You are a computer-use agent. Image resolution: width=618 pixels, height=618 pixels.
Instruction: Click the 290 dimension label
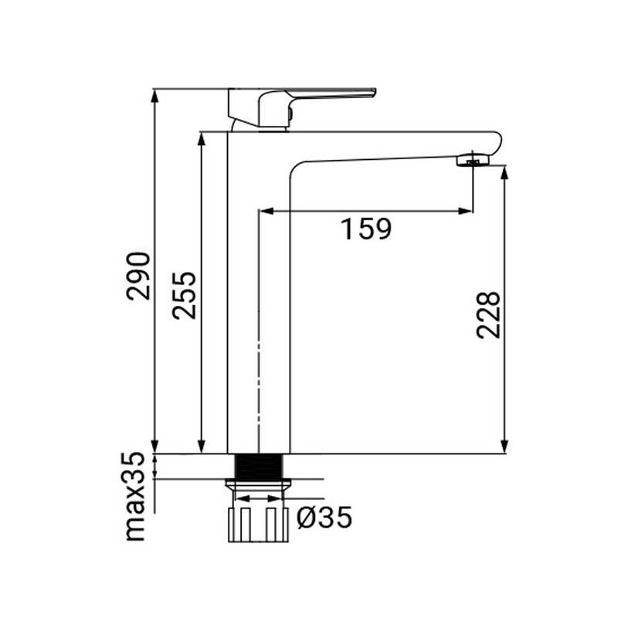(x=139, y=276)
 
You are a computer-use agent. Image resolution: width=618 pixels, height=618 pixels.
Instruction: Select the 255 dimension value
(x=184, y=295)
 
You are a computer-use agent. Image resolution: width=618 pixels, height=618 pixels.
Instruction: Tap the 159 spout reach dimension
(x=367, y=229)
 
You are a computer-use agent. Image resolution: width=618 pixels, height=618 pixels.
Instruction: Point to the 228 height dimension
(x=489, y=314)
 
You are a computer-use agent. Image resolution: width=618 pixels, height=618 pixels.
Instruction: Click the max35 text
(x=136, y=497)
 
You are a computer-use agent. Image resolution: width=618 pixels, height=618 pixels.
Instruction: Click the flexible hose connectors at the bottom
(x=258, y=525)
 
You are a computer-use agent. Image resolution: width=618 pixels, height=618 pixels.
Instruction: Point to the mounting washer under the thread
(x=258, y=484)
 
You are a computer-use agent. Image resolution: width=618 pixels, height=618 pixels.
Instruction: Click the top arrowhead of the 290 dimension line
(x=156, y=94)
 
